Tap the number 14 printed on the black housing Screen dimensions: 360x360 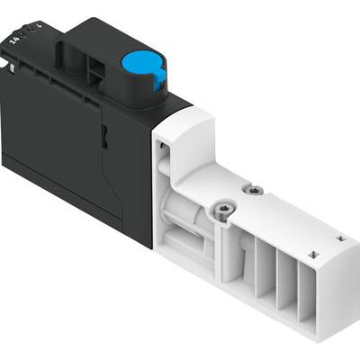pyautogui.click(x=13, y=39)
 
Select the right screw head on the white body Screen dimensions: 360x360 pyautogui.click(x=255, y=190)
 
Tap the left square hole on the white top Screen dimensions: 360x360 pyautogui.click(x=312, y=256)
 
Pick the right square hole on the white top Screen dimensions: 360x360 pyautogui.click(x=340, y=238)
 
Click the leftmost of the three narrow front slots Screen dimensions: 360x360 pyautogui.click(x=266, y=279)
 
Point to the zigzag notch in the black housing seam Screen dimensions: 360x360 pyautogui.click(x=105, y=139)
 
